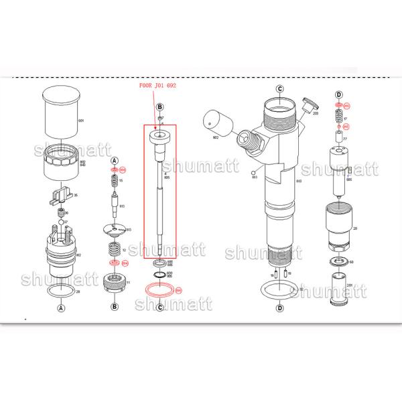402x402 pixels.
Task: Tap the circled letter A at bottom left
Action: coord(61,309)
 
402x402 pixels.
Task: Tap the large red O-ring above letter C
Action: coord(159,290)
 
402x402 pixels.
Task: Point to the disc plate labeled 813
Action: coord(115,230)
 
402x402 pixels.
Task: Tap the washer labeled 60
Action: coord(338,262)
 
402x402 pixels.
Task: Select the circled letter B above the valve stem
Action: coord(159,107)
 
